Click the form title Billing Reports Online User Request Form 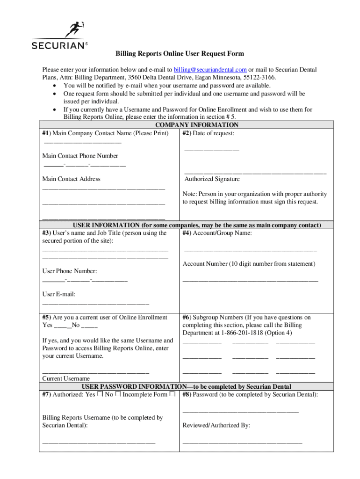click(180, 54)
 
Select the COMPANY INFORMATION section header click(197, 125)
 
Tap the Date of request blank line click(211, 150)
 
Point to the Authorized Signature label click(212, 179)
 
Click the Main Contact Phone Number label click(80, 156)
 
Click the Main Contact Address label click(71, 179)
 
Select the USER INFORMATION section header click(197, 225)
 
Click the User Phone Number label click(70, 271)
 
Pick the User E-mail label click(59, 294)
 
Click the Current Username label click(66, 378)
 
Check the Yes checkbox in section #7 click(100, 395)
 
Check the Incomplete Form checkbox click(173, 395)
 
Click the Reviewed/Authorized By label click(216, 425)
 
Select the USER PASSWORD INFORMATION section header click(187, 386)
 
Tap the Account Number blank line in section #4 click(250, 280)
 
